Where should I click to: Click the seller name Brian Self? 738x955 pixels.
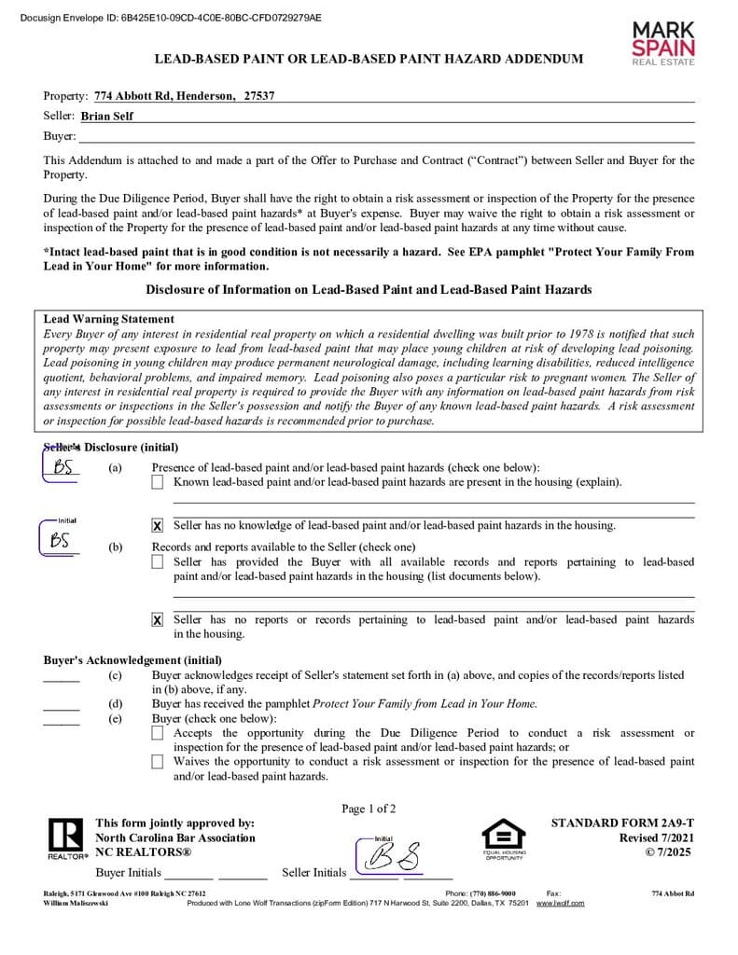(106, 117)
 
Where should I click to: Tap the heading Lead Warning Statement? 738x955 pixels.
(108, 319)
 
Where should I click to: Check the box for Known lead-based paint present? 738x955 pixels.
(157, 482)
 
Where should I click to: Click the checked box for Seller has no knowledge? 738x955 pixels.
(157, 526)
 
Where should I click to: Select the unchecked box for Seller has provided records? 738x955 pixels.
(157, 561)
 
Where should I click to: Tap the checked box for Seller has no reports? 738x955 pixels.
(157, 620)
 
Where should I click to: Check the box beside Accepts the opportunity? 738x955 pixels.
(157, 734)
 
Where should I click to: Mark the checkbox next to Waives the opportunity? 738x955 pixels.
(157, 762)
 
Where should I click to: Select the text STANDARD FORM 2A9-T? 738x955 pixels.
(622, 824)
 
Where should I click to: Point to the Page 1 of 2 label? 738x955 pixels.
(369, 809)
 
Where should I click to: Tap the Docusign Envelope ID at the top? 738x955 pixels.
(171, 18)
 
